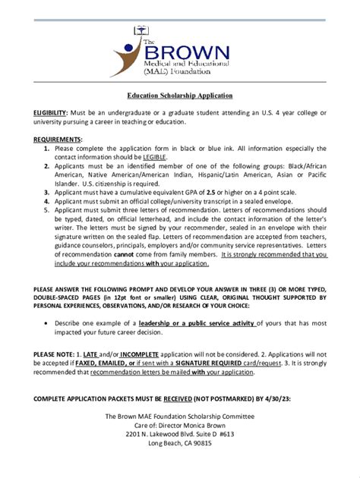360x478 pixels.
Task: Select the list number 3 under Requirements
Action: point(48,193)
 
